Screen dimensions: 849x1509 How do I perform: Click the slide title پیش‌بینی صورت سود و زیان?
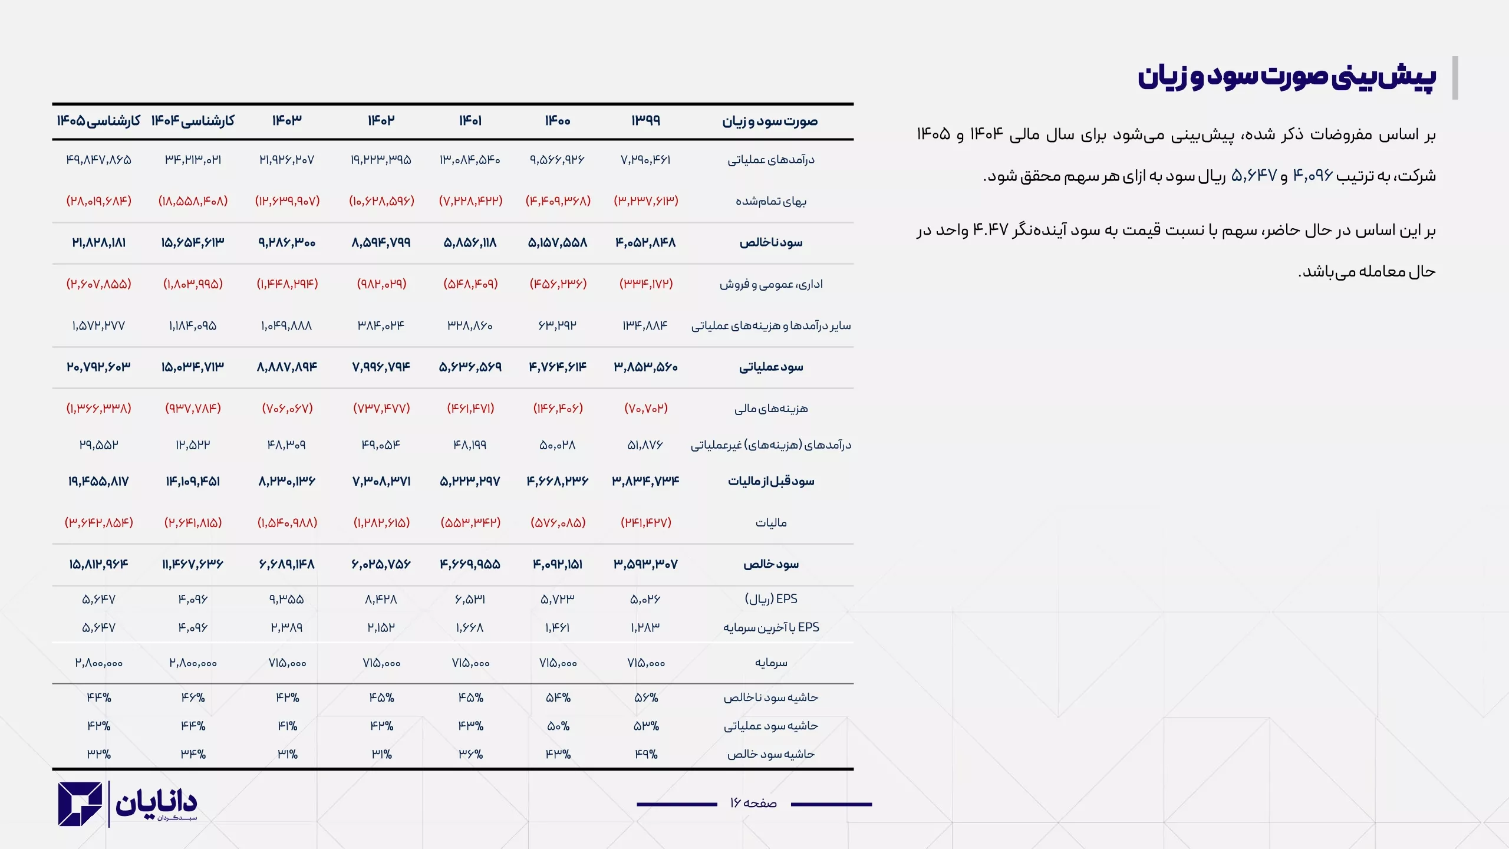(x=1286, y=77)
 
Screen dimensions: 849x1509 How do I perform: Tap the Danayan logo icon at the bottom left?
(x=80, y=804)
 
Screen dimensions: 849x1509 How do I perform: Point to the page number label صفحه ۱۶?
(x=753, y=803)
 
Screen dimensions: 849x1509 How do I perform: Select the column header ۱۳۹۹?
(x=646, y=121)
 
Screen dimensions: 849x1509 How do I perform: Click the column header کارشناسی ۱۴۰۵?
(x=98, y=121)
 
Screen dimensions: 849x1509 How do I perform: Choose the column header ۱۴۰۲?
(x=381, y=121)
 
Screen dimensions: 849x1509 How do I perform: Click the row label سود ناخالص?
(x=771, y=243)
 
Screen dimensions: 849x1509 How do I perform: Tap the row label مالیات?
(x=771, y=523)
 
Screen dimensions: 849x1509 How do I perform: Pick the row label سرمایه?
(x=771, y=663)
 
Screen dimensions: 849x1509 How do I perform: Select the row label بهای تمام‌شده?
(x=771, y=201)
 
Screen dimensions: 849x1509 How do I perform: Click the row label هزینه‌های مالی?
(x=771, y=409)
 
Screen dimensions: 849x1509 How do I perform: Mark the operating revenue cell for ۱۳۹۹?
(x=646, y=160)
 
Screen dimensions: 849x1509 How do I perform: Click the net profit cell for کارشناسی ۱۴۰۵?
(x=98, y=564)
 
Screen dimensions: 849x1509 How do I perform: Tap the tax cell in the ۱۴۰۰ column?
(x=558, y=523)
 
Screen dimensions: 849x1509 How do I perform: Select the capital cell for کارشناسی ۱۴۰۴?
(x=193, y=663)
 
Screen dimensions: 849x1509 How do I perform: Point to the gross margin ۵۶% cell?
(x=646, y=697)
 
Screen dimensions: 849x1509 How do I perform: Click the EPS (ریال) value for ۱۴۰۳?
(x=287, y=600)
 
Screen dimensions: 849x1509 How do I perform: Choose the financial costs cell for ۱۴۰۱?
(x=470, y=409)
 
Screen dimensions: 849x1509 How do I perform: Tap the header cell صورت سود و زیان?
(x=770, y=121)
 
